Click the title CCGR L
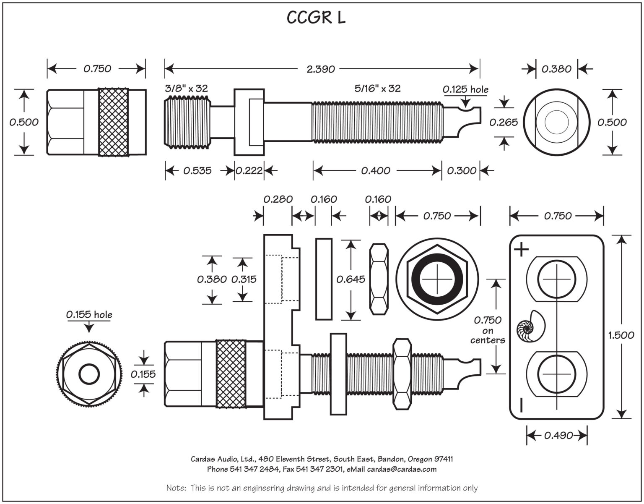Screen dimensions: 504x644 point(316,18)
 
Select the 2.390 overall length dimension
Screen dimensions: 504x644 point(321,69)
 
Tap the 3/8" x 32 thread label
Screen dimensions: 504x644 point(186,89)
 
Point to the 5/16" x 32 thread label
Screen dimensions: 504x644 point(377,89)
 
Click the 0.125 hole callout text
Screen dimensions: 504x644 point(465,89)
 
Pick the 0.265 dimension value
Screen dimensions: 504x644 point(504,122)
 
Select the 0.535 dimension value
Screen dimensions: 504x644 point(197,171)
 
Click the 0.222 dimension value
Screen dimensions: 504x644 point(249,171)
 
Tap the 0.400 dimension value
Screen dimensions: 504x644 point(376,171)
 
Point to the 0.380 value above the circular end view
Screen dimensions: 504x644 point(556,69)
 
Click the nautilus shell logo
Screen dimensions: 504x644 point(530,326)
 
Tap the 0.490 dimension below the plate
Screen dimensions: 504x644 point(558,436)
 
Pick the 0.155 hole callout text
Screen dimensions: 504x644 point(89,314)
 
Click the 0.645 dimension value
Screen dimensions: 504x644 point(351,279)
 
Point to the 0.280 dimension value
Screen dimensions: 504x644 point(278,199)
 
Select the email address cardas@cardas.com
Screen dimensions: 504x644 point(402,469)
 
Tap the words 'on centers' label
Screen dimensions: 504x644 point(487,336)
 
